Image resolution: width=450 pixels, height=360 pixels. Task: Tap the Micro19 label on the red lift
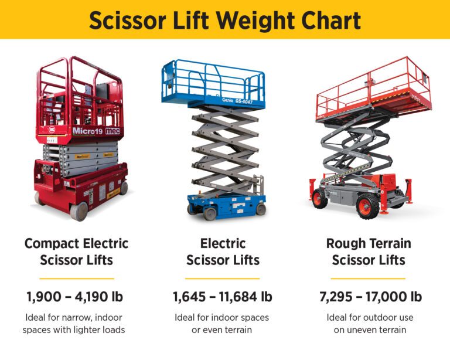tap(87, 131)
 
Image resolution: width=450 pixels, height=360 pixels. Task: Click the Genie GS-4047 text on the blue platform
tap(238, 101)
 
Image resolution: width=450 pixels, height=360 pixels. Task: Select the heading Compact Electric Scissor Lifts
tap(76, 252)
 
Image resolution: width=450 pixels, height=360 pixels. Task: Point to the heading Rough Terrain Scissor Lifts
tap(369, 252)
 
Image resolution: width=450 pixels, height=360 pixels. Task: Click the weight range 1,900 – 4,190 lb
tap(74, 297)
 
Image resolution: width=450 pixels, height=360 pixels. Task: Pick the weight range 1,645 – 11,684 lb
tap(223, 297)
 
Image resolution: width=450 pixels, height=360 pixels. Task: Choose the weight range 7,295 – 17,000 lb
tap(370, 297)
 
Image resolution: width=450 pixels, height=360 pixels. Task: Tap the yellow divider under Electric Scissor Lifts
tap(223, 278)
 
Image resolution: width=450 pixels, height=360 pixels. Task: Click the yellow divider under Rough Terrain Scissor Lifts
tap(368, 278)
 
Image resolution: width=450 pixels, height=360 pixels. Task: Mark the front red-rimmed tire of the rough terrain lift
tap(367, 206)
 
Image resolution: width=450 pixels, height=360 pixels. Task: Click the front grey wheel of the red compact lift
tap(79, 211)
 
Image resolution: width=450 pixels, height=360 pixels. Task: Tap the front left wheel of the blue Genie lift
tap(210, 214)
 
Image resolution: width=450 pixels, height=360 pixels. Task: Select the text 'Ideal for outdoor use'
tap(370, 318)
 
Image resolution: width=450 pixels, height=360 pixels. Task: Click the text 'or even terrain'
tap(222, 330)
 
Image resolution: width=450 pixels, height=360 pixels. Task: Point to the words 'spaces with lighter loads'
tap(74, 330)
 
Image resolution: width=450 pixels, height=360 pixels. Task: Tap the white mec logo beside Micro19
tap(112, 131)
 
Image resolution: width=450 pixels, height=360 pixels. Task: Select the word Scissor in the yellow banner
tap(127, 21)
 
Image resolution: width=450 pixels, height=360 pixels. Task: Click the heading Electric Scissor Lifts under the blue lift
tap(223, 252)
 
